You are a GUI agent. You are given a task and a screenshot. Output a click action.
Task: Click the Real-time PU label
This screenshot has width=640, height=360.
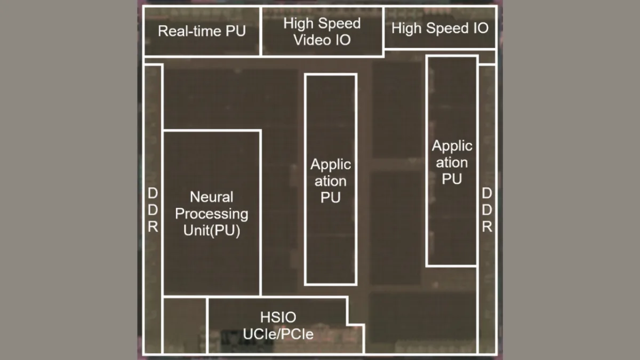click(202, 31)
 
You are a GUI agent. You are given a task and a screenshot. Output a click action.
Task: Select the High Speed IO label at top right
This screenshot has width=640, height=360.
click(439, 29)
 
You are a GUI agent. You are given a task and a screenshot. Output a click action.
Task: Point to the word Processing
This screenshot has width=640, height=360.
click(212, 214)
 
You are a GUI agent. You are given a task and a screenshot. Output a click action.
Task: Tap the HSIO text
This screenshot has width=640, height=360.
click(278, 318)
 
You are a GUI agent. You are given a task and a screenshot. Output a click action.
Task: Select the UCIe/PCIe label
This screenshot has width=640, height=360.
click(278, 334)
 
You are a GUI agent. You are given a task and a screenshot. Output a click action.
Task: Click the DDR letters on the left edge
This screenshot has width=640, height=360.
click(153, 210)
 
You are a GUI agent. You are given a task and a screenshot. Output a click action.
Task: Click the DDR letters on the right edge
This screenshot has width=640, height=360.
click(486, 210)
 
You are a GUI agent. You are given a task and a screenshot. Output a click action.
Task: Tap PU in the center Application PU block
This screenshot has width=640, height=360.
click(331, 198)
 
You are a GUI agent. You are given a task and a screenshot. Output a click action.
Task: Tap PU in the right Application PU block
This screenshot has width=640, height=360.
click(452, 179)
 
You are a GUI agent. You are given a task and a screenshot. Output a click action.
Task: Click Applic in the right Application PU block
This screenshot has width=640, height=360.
click(452, 146)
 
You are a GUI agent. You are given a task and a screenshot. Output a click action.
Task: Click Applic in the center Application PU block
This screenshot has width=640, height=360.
click(331, 164)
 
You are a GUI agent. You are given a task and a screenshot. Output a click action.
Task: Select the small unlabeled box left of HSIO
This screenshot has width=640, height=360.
click(185, 325)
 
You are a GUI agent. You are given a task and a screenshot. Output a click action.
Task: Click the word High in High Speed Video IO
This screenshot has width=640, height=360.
click(298, 23)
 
